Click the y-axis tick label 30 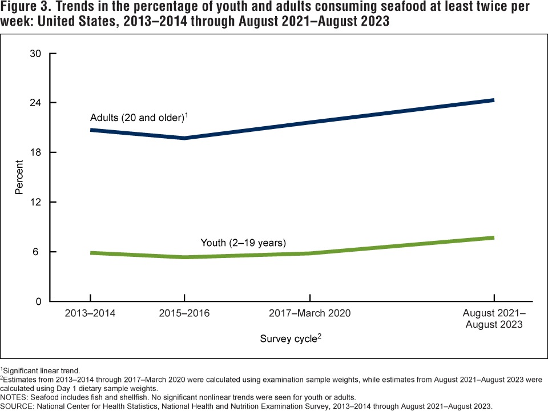[x=36, y=54]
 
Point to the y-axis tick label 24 [x=36, y=103]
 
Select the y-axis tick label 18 [x=36, y=152]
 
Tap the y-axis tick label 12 [x=36, y=202]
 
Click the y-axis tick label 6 [x=38, y=252]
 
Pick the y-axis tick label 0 [x=38, y=301]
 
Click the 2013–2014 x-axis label [x=90, y=313]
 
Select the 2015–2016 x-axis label [x=184, y=313]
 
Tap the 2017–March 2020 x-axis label [x=310, y=313]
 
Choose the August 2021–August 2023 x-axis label [x=494, y=319]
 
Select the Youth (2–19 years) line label [x=243, y=243]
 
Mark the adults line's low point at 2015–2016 [x=184, y=138]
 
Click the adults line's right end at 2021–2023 [x=493, y=100]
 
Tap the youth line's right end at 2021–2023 [x=493, y=237]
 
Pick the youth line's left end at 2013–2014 [x=91, y=253]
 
